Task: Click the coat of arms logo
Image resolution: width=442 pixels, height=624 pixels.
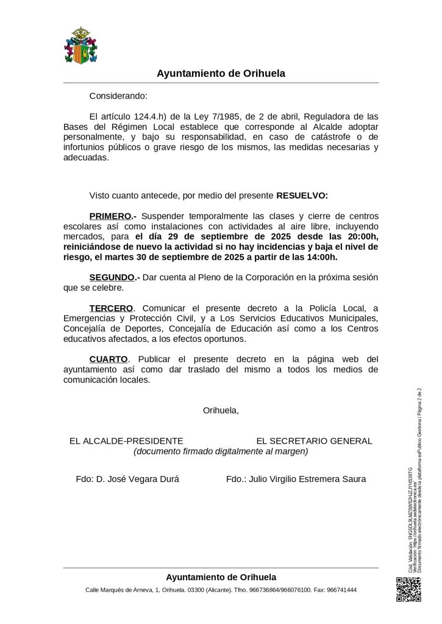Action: pos(81,45)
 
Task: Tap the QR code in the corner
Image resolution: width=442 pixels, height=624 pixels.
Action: pos(408,589)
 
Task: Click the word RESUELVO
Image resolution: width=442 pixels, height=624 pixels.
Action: pos(302,196)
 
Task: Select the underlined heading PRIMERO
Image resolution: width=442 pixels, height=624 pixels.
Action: pos(110,216)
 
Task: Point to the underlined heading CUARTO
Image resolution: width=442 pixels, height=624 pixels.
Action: pos(109,359)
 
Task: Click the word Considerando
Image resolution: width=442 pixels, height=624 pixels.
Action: pos(118,96)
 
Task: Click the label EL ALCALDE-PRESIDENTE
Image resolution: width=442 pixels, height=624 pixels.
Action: pos(127,441)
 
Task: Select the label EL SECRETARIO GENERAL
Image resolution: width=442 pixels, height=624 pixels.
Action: pos(314,441)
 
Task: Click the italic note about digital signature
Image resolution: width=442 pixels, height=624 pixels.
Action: pos(221,452)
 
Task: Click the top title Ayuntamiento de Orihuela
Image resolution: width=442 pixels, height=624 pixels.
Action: pos(221,73)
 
